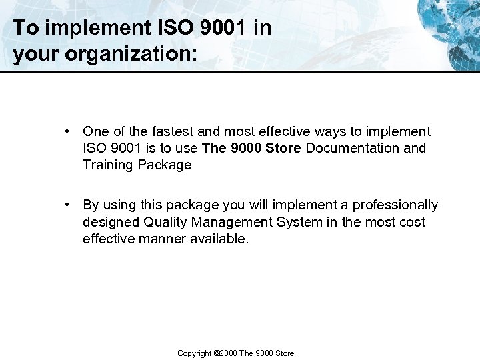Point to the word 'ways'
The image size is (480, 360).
pyautogui.click(x=323, y=131)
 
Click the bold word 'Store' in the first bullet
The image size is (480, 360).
pyautogui.click(x=283, y=148)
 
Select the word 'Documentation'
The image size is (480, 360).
pyautogui.click(x=353, y=148)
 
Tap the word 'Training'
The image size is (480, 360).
pyautogui.click(x=108, y=165)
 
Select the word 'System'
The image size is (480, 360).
pyautogui.click(x=301, y=222)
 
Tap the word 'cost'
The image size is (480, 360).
pyautogui.click(x=411, y=222)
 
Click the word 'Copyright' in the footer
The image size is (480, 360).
pyautogui.click(x=195, y=353)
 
